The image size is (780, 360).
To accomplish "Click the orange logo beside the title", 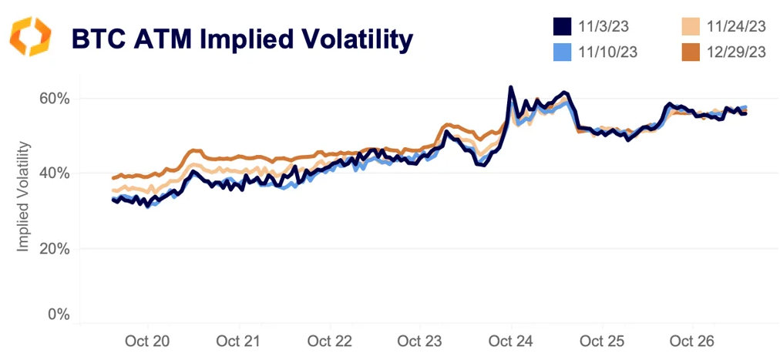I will pyautogui.click(x=31, y=37).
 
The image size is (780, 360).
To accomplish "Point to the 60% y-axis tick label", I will pyautogui.click(x=55, y=99).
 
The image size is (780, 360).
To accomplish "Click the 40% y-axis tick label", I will pyautogui.click(x=55, y=173).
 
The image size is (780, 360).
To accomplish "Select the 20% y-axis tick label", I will pyautogui.click(x=55, y=249).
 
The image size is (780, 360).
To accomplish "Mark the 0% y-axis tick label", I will pyautogui.click(x=59, y=315).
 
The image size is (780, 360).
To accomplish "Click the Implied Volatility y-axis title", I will pyautogui.click(x=24, y=197).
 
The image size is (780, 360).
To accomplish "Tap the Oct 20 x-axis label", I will pyautogui.click(x=149, y=341).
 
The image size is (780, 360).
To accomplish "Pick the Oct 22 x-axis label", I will pyautogui.click(x=329, y=341).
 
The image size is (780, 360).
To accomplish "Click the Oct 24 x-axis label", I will pyautogui.click(x=511, y=341).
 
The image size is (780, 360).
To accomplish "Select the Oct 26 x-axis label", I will pyautogui.click(x=692, y=341).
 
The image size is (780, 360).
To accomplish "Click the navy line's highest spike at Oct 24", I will pyautogui.click(x=511, y=87).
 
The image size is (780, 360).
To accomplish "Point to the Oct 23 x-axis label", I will pyautogui.click(x=420, y=341).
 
